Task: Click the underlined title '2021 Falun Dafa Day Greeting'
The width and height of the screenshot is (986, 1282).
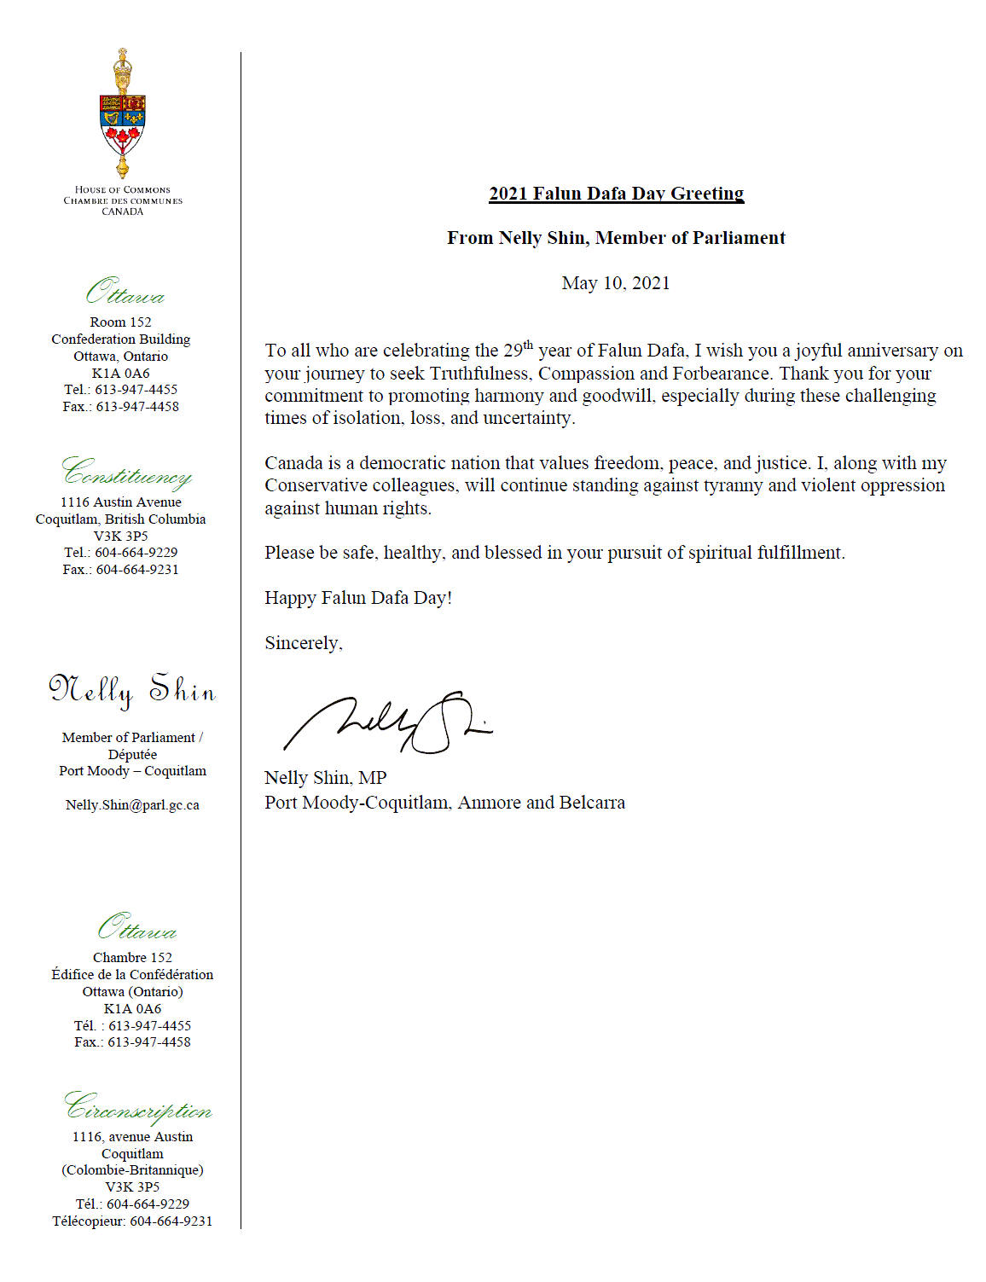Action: [x=616, y=194]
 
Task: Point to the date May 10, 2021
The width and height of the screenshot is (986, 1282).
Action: [x=616, y=283]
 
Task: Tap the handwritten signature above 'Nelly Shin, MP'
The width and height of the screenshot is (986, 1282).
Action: [x=388, y=723]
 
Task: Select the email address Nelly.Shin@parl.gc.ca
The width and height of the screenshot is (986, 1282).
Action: [x=132, y=805]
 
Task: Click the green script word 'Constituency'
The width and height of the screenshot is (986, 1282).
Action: [x=126, y=473]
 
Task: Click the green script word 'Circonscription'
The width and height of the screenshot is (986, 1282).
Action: [x=138, y=1108]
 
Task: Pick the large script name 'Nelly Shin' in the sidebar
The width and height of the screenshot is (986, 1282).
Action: [x=132, y=689]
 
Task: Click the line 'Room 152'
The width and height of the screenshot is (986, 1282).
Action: [x=120, y=322]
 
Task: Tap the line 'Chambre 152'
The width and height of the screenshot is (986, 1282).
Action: [x=132, y=958]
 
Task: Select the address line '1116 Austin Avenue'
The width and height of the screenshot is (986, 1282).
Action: [x=120, y=502]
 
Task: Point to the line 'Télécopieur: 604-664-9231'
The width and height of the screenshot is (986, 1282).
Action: [x=132, y=1221]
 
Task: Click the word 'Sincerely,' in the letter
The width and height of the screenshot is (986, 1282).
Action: [x=304, y=643]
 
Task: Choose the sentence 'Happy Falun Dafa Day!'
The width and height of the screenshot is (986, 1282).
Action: [x=358, y=598]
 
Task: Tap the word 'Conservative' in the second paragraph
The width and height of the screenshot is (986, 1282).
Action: [x=317, y=485]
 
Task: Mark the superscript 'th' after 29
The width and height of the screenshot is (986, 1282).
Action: [x=528, y=345]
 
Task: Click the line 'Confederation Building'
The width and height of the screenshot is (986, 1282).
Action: [x=120, y=339]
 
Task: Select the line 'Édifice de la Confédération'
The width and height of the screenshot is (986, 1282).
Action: [x=132, y=975]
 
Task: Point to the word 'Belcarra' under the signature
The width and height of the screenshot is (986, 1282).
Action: [x=591, y=803]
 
